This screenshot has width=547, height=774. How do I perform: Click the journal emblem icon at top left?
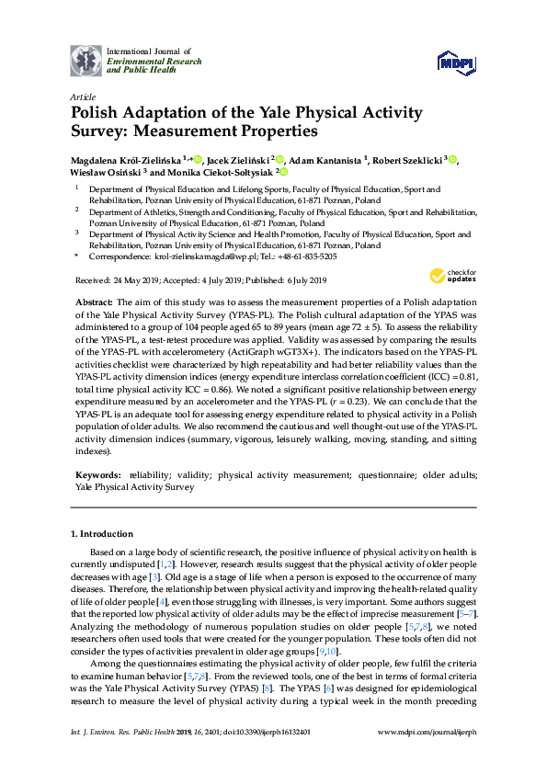point(86,60)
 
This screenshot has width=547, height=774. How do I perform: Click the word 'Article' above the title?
point(82,96)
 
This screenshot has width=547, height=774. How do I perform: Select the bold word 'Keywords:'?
point(97,475)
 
